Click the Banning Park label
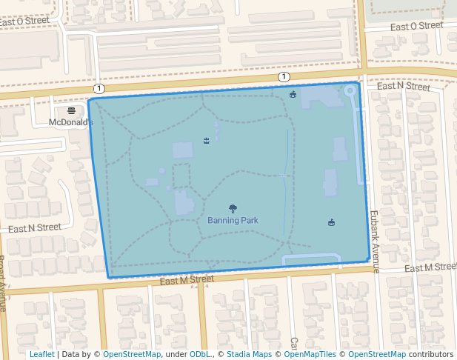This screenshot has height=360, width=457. click(x=233, y=220)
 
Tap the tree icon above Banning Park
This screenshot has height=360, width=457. click(x=233, y=209)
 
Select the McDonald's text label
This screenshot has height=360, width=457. click(x=71, y=122)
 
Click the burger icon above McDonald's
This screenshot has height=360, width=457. click(x=71, y=110)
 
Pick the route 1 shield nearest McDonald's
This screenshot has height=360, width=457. click(x=99, y=88)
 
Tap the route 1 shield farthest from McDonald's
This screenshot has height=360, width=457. click(x=284, y=77)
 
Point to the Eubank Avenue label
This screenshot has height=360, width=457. click(x=374, y=241)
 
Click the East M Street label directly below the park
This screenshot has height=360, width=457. click(x=186, y=279)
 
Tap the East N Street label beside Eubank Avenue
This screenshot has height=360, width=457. click(x=403, y=87)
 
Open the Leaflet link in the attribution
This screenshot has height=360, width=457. click(x=41, y=354)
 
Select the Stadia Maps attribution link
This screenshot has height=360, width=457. click(x=249, y=354)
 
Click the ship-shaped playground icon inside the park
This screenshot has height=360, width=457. click(x=206, y=141)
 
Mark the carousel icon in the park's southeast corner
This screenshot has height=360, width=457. click(x=331, y=222)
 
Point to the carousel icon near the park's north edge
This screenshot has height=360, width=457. click(x=293, y=94)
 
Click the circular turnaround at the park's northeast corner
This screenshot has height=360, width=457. click(x=350, y=90)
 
